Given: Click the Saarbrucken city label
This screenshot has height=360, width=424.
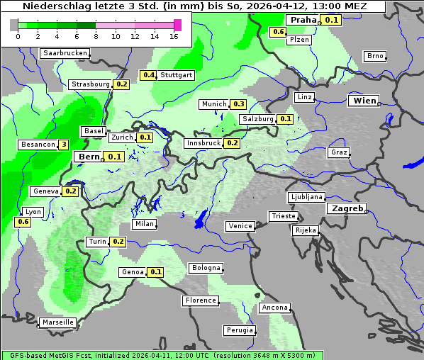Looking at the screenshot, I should coord(65,53).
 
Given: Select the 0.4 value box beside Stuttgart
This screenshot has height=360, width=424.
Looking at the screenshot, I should coord(148,75).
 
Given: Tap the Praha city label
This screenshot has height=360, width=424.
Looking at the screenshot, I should coord(303,20).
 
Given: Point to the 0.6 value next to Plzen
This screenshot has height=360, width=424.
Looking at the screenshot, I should coord(278,32).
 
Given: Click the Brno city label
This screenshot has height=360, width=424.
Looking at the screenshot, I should coord(375,56).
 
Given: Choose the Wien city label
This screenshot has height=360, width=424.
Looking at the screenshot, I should coord(364,101).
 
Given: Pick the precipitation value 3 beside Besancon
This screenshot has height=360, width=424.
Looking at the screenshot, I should coord(63,145).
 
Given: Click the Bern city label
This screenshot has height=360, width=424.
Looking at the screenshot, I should coord(89,157).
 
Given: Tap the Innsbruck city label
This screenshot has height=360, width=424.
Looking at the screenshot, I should coord(203,143).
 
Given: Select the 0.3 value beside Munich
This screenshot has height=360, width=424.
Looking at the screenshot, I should coord(239,104).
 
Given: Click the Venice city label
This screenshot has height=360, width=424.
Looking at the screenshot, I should coord(240,226).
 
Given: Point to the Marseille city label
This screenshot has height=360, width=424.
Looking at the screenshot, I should coord(58,322).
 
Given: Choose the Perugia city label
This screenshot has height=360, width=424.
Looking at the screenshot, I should coord(240,330).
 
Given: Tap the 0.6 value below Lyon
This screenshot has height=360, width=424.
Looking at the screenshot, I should coord(23,222).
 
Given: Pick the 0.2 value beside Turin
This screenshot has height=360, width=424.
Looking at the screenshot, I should coord(118,242).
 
